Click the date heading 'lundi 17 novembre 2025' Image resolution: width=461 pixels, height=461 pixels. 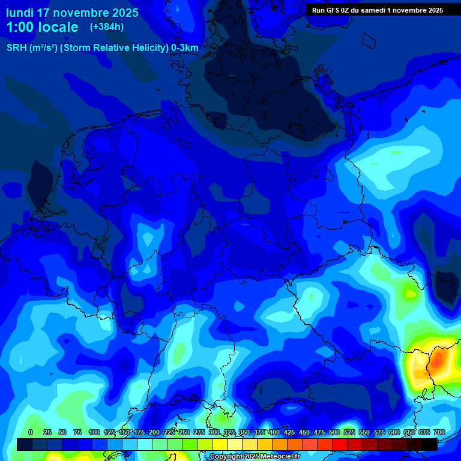72,13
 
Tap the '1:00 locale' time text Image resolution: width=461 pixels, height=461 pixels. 42,27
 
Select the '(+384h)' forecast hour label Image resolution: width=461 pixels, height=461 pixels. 107,27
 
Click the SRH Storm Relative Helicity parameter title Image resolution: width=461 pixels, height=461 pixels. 102,48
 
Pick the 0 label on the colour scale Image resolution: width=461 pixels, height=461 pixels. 31,432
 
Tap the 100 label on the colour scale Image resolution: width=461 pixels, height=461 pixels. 94,432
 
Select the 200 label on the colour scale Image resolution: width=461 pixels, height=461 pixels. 154,432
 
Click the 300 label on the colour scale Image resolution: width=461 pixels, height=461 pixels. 214,432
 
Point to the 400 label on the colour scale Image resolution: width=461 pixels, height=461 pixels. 274,432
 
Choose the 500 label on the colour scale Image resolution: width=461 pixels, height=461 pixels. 334,432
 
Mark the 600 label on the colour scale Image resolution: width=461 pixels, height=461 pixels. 394,432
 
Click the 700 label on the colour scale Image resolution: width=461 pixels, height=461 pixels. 439,432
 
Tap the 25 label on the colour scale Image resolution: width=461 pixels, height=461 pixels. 47,432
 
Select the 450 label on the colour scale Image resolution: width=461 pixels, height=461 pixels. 304,432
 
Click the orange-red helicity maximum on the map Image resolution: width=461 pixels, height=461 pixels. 438,358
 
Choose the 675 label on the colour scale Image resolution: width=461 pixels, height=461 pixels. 424,432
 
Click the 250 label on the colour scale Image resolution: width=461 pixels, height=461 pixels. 184,432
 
